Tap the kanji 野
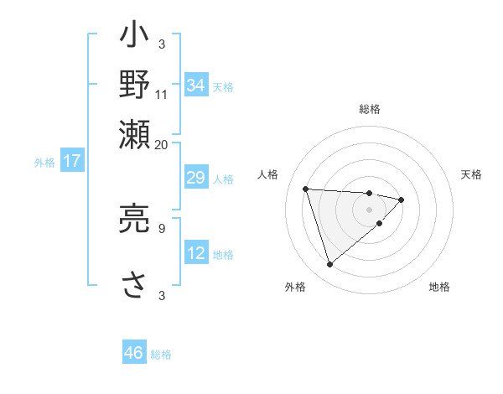[x=135, y=85]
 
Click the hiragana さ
[x=135, y=283]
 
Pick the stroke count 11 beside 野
[x=162, y=96]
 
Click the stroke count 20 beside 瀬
[x=162, y=143]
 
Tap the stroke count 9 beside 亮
[x=162, y=226]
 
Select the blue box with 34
[x=196, y=86]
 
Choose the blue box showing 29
[x=196, y=179]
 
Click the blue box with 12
[x=196, y=253]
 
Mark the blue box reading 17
[x=71, y=161]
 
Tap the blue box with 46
[x=134, y=353]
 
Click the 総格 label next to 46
[x=161, y=355]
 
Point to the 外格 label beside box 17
[x=44, y=163]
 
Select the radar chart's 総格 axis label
[x=369, y=109]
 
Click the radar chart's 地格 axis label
[x=439, y=288]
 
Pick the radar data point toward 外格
[x=329, y=264]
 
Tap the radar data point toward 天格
[x=402, y=200]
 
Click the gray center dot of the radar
[x=369, y=208]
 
